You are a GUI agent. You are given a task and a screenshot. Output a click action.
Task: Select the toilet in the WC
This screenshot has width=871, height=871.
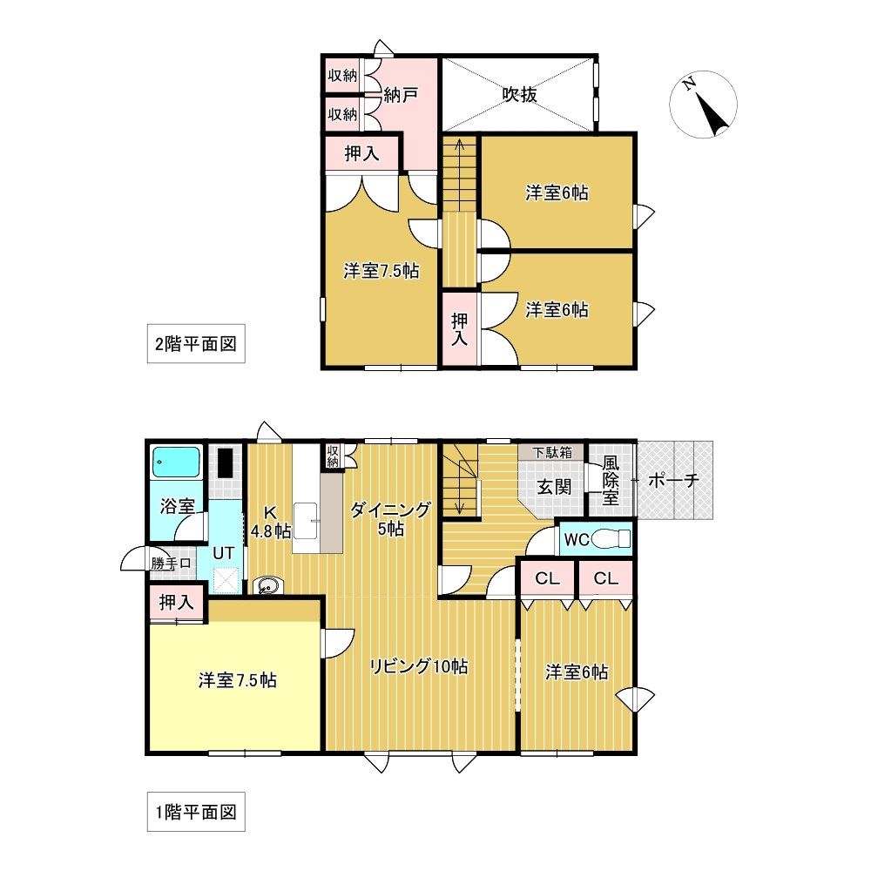[611, 539]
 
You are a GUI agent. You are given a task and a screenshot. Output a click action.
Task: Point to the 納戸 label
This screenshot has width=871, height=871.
[401, 94]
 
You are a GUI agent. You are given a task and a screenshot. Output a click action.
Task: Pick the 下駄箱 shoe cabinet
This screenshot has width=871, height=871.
[553, 452]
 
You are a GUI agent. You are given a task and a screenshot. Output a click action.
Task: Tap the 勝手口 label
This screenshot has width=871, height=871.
[170, 563]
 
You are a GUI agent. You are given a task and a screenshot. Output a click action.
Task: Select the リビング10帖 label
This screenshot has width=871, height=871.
[419, 667]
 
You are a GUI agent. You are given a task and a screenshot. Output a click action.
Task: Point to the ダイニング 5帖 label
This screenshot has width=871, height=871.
[390, 518]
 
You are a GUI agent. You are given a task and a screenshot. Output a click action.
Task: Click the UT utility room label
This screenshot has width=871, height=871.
[224, 552]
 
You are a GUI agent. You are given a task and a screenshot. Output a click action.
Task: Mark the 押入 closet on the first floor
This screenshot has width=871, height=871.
[176, 602]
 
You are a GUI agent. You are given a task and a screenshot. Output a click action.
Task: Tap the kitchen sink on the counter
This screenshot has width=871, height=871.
[307, 521]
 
